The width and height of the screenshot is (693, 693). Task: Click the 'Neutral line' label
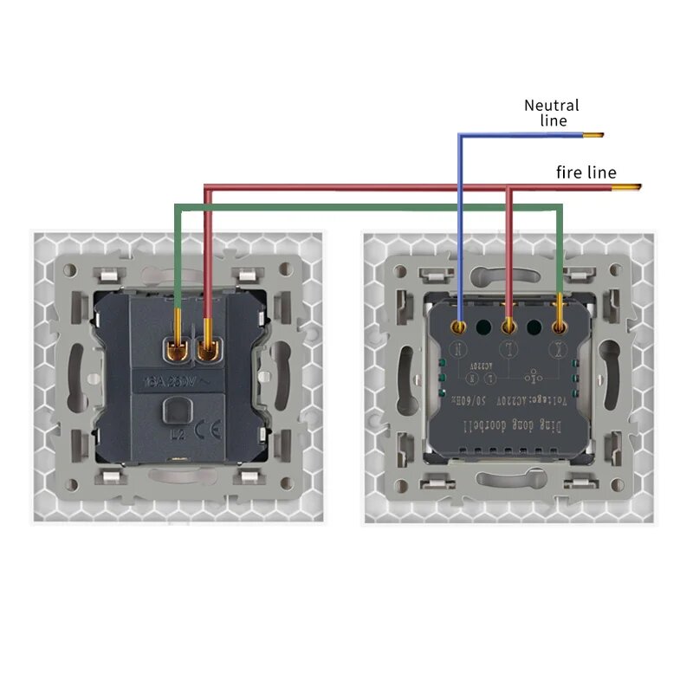click(551, 113)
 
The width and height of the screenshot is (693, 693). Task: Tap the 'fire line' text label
click(586, 172)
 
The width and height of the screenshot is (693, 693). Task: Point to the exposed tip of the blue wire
click(593, 135)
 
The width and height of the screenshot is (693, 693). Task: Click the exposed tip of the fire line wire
click(633, 187)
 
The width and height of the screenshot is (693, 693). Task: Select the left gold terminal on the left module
click(177, 349)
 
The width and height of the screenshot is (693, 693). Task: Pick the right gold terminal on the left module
click(209, 349)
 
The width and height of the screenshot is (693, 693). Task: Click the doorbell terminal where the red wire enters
click(509, 327)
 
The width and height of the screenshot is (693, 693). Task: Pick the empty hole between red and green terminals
click(534, 327)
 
